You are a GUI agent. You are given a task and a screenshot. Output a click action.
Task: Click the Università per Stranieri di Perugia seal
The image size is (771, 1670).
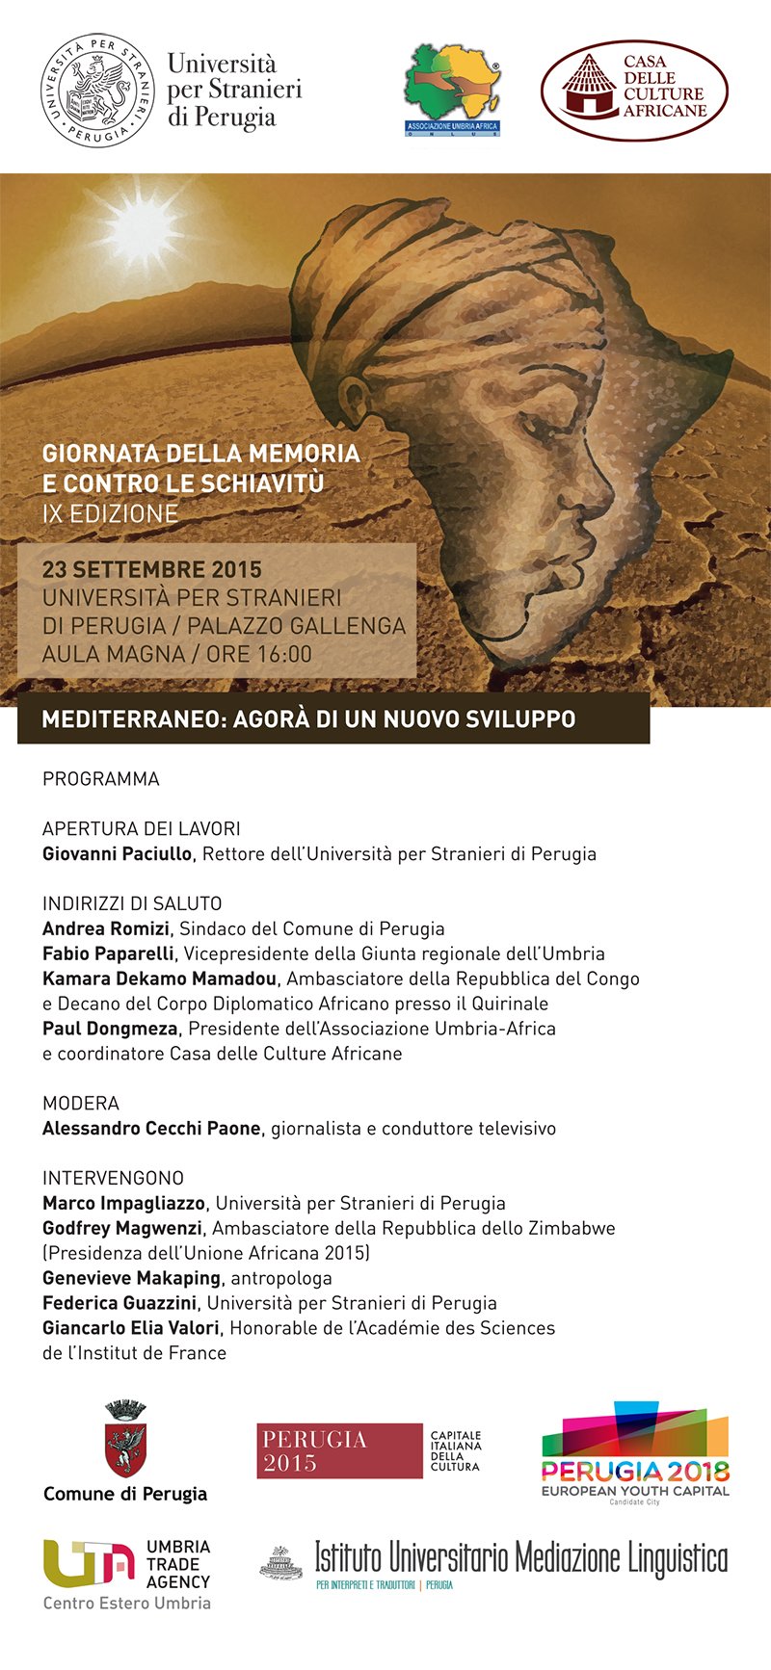[x=98, y=91]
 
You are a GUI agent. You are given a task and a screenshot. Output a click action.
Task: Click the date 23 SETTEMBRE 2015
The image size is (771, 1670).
[x=152, y=569]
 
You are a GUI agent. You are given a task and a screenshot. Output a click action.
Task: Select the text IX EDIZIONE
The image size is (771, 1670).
[x=110, y=513]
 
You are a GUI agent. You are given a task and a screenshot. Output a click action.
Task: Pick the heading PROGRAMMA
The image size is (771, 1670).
[x=101, y=778]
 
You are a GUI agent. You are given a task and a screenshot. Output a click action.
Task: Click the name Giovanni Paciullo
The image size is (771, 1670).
[x=118, y=853]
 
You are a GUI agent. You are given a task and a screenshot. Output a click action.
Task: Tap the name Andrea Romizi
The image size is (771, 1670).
[x=106, y=928]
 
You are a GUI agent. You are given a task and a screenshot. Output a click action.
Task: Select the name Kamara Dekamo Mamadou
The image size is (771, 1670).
[x=159, y=979]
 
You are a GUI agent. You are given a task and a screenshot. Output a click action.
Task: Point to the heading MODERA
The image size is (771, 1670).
[x=81, y=1103]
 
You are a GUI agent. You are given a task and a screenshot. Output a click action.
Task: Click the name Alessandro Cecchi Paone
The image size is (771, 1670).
[x=151, y=1128]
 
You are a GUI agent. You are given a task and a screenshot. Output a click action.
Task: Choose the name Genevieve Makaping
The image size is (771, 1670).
[x=131, y=1278]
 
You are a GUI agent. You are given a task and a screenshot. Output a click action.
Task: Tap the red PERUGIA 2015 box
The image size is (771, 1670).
[x=339, y=1450]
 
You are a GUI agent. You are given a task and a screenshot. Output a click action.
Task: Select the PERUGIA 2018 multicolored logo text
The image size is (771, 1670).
[x=635, y=1472]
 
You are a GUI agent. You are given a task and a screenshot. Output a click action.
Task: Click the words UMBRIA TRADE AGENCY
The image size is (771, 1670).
[x=178, y=1564]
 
